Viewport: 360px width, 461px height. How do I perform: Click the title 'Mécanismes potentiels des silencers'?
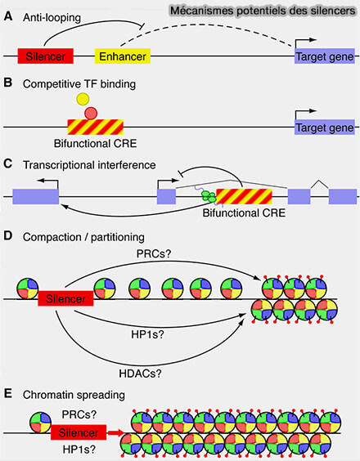point(263,11)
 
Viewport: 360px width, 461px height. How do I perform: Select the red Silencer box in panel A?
point(45,56)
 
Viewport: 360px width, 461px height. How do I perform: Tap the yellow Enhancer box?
point(123,56)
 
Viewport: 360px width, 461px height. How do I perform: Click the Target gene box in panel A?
point(325,56)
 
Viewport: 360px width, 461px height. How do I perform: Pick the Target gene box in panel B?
point(325,128)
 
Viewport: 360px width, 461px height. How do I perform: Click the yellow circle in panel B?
point(83,99)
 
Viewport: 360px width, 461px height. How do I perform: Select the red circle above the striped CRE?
point(91,113)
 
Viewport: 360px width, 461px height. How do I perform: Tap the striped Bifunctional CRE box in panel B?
point(96,127)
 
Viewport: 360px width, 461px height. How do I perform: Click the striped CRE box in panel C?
point(244,196)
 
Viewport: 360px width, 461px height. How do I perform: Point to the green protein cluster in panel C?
point(209,197)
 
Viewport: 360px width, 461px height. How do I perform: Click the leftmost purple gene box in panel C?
point(36,197)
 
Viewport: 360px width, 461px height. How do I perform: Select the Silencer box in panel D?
point(65,298)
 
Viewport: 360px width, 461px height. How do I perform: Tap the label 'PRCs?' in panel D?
point(154,253)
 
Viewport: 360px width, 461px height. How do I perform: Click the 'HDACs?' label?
point(140,374)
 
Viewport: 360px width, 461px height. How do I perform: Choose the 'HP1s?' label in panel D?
point(147,334)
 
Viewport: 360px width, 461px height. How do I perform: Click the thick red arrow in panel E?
point(115,432)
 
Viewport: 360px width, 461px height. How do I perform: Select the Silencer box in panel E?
point(79,432)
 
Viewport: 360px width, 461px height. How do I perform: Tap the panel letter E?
point(8,394)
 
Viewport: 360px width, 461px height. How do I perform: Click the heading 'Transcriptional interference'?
point(89,165)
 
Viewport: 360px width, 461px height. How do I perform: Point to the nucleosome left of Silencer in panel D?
point(28,289)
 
